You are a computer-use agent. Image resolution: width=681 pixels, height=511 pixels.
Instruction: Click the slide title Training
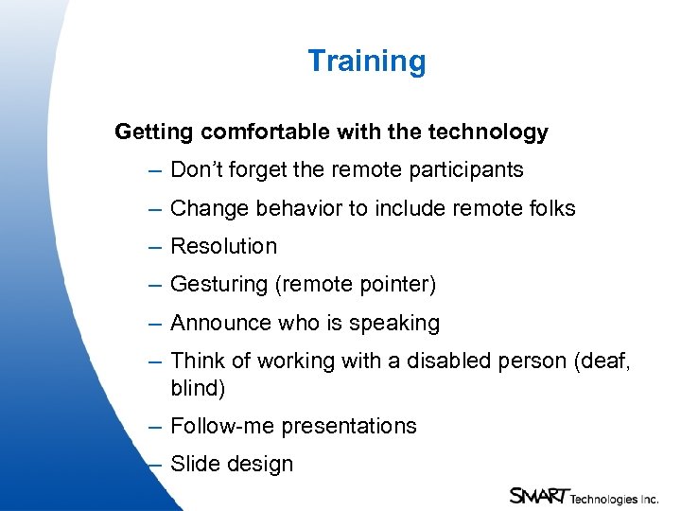tap(366, 62)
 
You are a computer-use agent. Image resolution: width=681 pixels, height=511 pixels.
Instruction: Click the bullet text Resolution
tap(224, 246)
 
